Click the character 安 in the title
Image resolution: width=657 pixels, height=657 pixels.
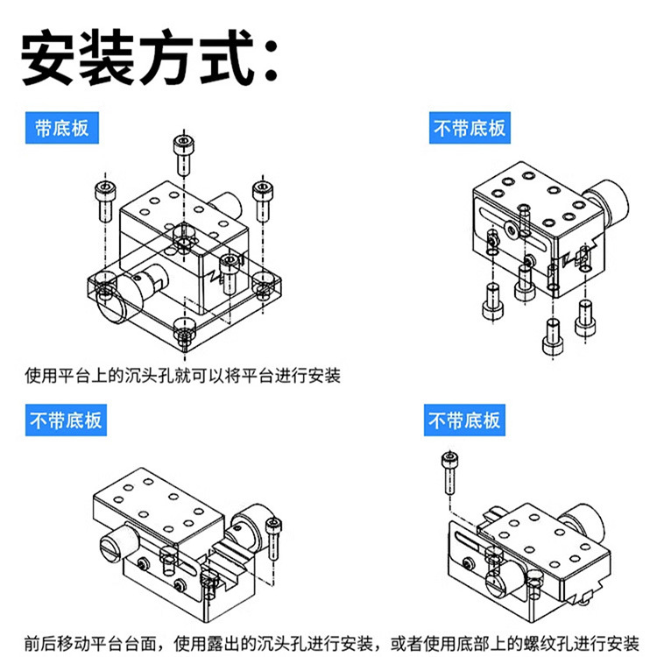point(51,60)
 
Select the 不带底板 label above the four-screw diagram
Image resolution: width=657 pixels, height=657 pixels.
point(470,129)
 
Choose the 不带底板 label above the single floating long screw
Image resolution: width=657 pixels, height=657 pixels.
point(464,420)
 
